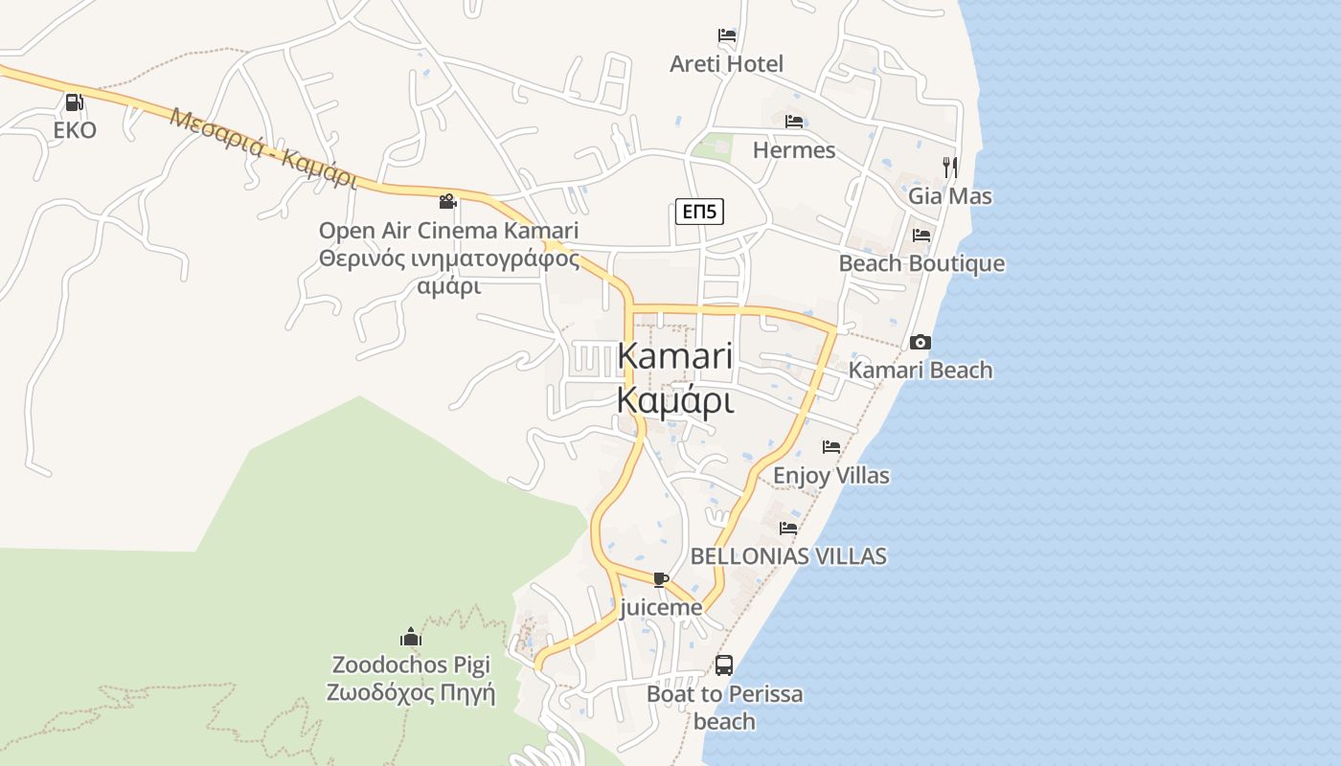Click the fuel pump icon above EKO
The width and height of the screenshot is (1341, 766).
pyautogui.click(x=74, y=101)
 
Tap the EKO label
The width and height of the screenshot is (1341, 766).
pyautogui.click(x=75, y=130)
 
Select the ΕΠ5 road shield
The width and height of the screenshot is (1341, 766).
pyautogui.click(x=699, y=212)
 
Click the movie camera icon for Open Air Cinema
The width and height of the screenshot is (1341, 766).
pyautogui.click(x=447, y=201)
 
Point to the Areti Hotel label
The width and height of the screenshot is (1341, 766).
pyautogui.click(x=726, y=64)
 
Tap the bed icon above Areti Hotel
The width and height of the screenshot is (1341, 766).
pyautogui.click(x=727, y=35)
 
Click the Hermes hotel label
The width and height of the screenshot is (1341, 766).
pyautogui.click(x=793, y=150)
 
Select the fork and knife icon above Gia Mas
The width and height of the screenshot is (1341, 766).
pyautogui.click(x=949, y=167)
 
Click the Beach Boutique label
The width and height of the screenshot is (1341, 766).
pyautogui.click(x=921, y=263)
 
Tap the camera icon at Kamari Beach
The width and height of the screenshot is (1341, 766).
pyautogui.click(x=920, y=342)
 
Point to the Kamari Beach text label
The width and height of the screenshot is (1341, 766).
pyautogui.click(x=921, y=371)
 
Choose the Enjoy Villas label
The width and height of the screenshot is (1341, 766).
pyautogui.click(x=830, y=476)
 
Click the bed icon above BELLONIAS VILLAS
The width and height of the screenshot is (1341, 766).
pyautogui.click(x=788, y=528)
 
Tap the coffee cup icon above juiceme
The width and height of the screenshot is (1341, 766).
pyautogui.click(x=660, y=578)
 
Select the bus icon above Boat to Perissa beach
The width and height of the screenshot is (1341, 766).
pyautogui.click(x=724, y=665)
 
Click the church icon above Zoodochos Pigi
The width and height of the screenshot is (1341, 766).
pyautogui.click(x=411, y=637)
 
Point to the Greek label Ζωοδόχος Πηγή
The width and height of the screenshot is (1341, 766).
pyautogui.click(x=411, y=692)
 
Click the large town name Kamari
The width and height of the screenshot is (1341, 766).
pyautogui.click(x=674, y=356)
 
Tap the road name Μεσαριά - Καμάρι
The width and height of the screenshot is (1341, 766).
pyautogui.click(x=262, y=147)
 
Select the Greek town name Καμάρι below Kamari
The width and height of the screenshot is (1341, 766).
pyautogui.click(x=675, y=400)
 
